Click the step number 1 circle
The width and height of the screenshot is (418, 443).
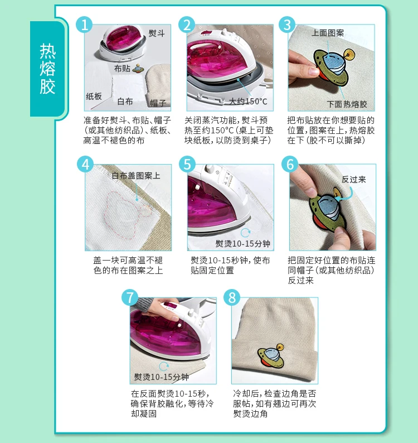tap(84, 25)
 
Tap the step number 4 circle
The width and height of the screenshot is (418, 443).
tap(85, 164)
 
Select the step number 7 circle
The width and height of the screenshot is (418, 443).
tap(129, 297)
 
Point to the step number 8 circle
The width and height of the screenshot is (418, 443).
tap(232, 297)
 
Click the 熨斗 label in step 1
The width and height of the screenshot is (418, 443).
tap(157, 33)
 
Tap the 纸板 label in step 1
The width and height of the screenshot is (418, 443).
tap(94, 97)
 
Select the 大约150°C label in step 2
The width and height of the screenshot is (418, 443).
tap(248, 101)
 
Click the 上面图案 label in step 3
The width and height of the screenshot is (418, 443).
tap(328, 33)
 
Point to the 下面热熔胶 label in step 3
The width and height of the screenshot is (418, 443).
tap(347, 104)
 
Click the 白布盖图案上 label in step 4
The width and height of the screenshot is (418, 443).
tap(136, 176)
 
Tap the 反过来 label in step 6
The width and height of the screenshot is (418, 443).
tap(354, 180)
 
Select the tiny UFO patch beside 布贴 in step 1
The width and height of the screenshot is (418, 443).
tap(138, 69)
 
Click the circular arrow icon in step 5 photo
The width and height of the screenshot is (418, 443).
tap(245, 233)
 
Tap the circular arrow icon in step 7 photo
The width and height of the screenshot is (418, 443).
tap(164, 367)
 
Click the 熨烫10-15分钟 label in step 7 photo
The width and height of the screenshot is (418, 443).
tap(162, 377)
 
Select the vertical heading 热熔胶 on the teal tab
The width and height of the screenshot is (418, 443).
tap(47, 69)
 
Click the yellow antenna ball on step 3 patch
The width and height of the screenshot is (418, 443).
tap(349, 54)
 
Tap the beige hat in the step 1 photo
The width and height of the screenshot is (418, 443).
tap(159, 85)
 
